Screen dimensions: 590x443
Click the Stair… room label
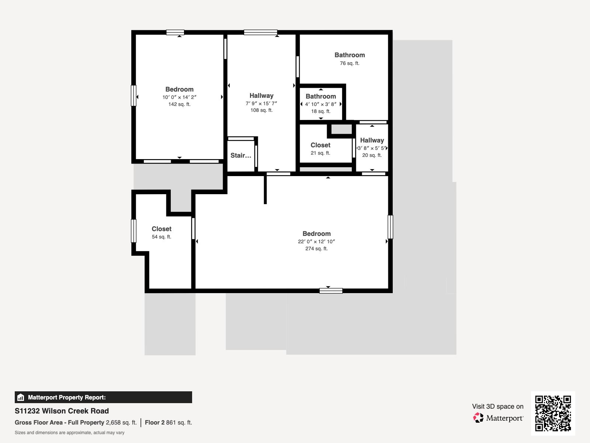click(240, 155)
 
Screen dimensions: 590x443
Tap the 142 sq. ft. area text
click(179, 104)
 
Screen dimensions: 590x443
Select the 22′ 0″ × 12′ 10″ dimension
click(316, 241)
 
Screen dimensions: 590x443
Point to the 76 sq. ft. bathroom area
click(350, 63)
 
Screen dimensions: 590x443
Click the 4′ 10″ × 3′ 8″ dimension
click(321, 104)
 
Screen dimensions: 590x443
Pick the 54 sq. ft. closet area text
click(161, 237)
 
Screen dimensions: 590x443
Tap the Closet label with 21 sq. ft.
click(320, 145)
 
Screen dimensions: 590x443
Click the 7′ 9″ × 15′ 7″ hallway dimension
click(261, 103)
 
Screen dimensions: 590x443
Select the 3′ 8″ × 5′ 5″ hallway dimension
click(372, 148)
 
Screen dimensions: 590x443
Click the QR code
click(553, 413)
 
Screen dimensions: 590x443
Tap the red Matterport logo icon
click(478, 418)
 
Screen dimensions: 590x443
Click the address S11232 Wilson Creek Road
click(62, 411)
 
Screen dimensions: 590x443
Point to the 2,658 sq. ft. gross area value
click(121, 422)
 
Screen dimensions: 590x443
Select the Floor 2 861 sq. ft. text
click(168, 422)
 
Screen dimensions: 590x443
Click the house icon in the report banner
click(21, 397)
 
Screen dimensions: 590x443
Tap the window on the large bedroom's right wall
click(390, 227)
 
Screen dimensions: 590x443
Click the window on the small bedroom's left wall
click(133, 96)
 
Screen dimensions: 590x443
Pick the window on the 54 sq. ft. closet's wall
click(133, 231)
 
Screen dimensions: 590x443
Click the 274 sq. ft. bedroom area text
click(316, 248)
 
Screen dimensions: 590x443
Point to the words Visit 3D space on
click(497, 406)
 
